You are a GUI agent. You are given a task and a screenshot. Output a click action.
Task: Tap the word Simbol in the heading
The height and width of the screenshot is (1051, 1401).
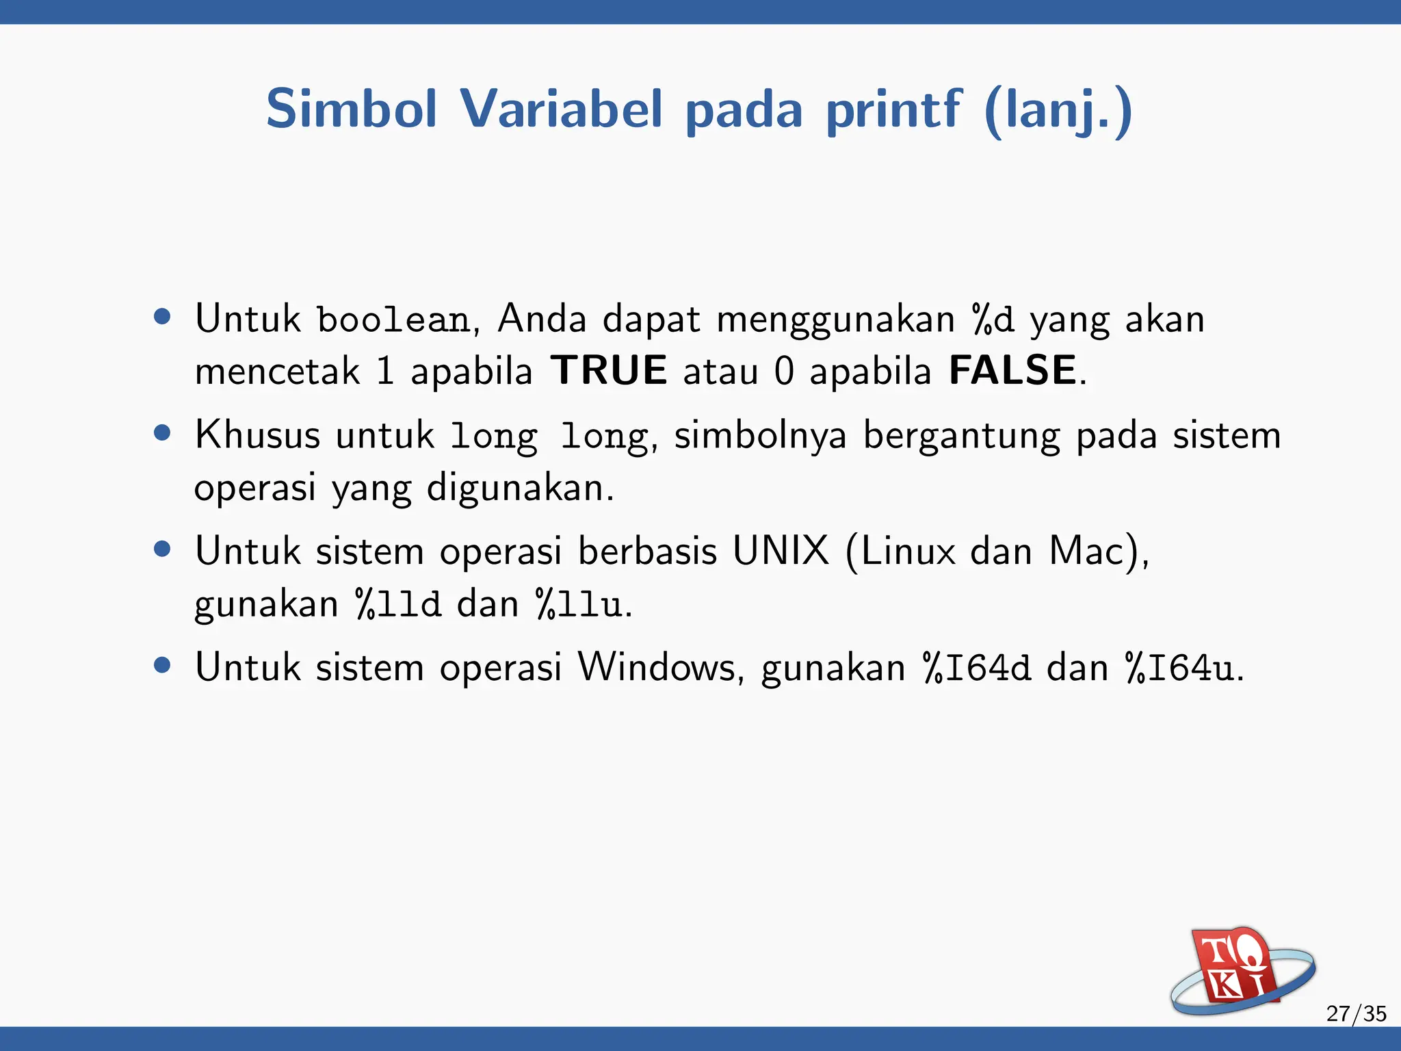[x=351, y=109]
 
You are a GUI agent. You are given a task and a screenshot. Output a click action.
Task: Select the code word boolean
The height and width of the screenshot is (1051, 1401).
[x=393, y=320]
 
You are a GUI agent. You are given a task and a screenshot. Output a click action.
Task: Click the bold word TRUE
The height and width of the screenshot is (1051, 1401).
[x=609, y=371]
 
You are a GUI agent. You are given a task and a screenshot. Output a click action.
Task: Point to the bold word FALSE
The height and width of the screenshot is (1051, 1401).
[x=1013, y=371]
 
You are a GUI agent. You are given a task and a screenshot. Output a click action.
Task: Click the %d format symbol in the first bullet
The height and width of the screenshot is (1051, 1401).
[x=993, y=320]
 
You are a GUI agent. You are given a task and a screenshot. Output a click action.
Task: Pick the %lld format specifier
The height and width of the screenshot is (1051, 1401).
[x=398, y=605]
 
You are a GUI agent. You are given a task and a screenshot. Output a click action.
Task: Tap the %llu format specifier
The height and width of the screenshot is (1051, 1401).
[x=579, y=605]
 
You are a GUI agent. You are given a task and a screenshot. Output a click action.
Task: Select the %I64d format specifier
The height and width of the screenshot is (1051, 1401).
[x=977, y=668]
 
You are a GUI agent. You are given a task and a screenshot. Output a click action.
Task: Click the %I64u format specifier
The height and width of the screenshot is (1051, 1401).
[x=1181, y=668]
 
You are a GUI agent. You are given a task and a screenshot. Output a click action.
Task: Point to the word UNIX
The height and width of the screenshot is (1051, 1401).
[x=781, y=551]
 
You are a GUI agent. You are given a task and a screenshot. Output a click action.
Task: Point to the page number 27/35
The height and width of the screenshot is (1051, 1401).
[x=1356, y=1013]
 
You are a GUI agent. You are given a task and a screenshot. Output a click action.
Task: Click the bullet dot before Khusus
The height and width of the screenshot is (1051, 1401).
[x=162, y=433]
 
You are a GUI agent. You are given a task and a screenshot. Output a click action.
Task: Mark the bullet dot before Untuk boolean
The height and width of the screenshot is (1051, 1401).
[x=162, y=317]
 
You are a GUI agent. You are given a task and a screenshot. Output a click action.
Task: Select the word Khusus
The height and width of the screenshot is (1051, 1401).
[x=257, y=434]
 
